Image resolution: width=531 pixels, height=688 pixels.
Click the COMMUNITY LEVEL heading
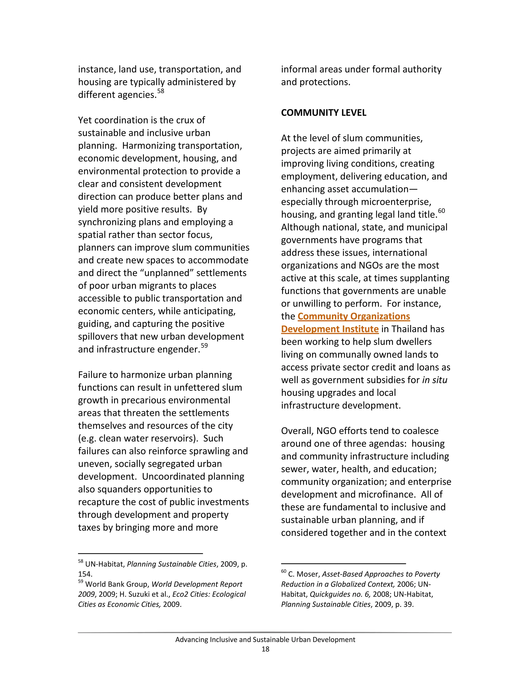click(323, 113)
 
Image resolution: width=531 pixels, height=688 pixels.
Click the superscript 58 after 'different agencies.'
click(160, 91)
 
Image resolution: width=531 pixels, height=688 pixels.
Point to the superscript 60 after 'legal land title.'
click(441, 211)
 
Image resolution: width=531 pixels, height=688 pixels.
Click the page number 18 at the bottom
click(265, 649)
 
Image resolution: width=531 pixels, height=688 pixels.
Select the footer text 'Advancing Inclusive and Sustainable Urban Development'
click(265, 639)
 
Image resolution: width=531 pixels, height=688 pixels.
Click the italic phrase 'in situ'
click(435, 380)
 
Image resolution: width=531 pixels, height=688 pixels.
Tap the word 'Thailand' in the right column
click(409, 329)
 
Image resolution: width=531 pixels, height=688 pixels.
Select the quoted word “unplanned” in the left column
click(164, 273)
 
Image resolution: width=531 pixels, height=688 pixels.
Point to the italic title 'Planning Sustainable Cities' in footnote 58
click(171, 564)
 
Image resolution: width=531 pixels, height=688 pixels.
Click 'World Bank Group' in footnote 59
click(117, 584)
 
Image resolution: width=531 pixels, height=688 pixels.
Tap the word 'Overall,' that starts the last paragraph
click(297, 431)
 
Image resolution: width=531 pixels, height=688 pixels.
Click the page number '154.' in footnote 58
click(85, 574)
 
